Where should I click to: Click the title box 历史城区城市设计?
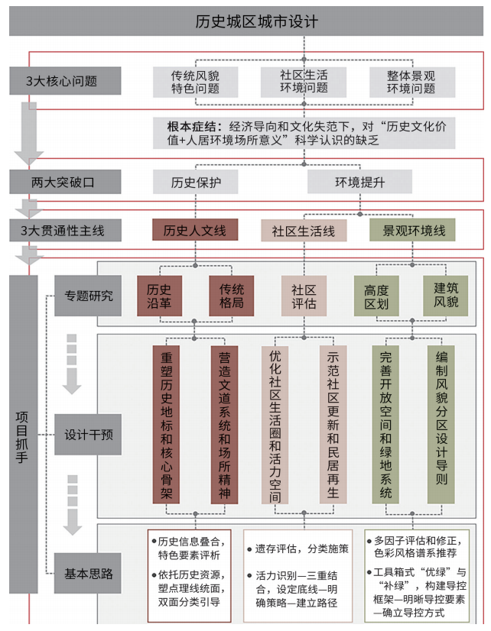[246, 21]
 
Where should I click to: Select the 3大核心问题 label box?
[65, 81]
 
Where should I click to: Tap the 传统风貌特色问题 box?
[195, 82]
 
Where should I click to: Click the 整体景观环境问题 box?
[412, 82]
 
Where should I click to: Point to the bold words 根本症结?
[191, 126]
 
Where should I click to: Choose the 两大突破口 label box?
[65, 182]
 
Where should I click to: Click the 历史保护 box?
[195, 182]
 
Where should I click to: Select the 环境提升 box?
[359, 182]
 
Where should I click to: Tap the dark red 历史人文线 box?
[195, 230]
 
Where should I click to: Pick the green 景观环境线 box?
[412, 230]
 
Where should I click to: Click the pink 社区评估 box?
[304, 296]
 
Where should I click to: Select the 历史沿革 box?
[160, 296]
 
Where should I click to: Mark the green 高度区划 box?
[376, 296]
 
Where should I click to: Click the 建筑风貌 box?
[445, 296]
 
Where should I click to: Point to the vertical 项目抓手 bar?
[24, 435]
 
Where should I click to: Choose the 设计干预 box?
[88, 435]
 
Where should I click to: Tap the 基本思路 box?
[88, 574]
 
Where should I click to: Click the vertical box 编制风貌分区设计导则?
[441, 425]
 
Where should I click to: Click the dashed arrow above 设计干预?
[72, 364]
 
